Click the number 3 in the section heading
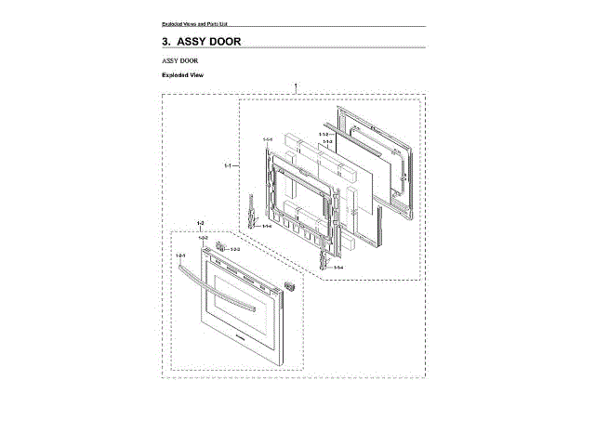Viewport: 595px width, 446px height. [x=165, y=42]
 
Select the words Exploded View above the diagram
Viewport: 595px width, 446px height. [x=182, y=74]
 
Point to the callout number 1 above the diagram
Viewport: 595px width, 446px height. [x=296, y=86]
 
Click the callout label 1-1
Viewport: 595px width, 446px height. [x=229, y=166]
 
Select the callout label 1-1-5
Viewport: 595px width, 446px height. [x=267, y=139]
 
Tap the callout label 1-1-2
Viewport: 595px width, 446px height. [x=324, y=135]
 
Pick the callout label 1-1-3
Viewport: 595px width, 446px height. [x=327, y=142]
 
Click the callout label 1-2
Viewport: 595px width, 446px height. [x=201, y=224]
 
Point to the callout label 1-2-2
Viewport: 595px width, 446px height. [x=202, y=239]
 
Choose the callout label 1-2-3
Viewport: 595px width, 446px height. [x=234, y=249]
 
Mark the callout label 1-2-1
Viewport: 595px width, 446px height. [x=181, y=255]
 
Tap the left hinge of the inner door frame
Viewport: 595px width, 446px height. [x=253, y=212]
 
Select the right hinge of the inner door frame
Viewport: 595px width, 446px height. [x=324, y=249]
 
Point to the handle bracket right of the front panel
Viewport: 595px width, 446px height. [x=289, y=284]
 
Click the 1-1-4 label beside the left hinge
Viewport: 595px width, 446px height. [x=267, y=226]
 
